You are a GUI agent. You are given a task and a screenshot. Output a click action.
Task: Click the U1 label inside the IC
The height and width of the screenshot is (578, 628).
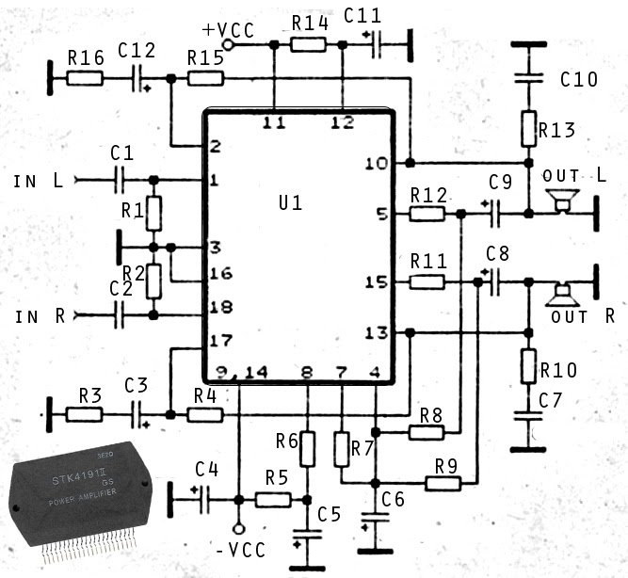click(x=291, y=202)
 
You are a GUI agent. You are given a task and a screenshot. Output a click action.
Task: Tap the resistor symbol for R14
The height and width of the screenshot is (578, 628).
click(x=307, y=43)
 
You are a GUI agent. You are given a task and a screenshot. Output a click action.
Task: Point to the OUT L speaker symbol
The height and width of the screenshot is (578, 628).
click(x=563, y=200)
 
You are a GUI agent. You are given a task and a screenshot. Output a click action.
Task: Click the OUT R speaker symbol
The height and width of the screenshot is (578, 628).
click(x=563, y=295)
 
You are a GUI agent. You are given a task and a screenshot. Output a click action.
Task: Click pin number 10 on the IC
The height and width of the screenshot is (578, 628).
click(x=376, y=164)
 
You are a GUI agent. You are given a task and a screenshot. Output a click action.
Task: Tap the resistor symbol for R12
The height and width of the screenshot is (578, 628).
click(x=427, y=214)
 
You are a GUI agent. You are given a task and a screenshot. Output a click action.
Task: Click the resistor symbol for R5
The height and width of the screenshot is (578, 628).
click(x=273, y=499)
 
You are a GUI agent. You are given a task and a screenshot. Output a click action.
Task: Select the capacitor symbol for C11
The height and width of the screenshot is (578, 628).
click(x=376, y=42)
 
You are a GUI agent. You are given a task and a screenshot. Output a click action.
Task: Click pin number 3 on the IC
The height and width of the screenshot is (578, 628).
click(x=215, y=248)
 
